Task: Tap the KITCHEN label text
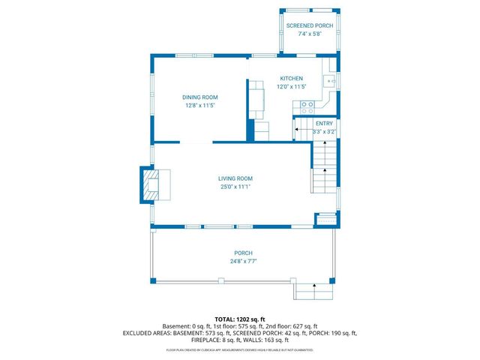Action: pyautogui.click(x=291, y=79)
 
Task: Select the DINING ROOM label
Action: pyautogui.click(x=199, y=97)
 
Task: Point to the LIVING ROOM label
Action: pyautogui.click(x=235, y=178)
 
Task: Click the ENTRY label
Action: pyautogui.click(x=324, y=123)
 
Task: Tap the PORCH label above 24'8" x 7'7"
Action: pyautogui.click(x=242, y=253)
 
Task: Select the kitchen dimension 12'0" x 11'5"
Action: pyautogui.click(x=291, y=87)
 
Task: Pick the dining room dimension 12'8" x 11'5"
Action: pyautogui.click(x=199, y=106)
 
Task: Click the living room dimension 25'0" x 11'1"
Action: pyautogui.click(x=235, y=187)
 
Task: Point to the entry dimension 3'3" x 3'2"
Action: pyautogui.click(x=324, y=131)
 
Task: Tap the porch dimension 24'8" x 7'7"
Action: pyautogui.click(x=242, y=262)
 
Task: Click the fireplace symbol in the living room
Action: pyautogui.click(x=151, y=184)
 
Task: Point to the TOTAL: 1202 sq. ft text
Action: pyautogui.click(x=240, y=319)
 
